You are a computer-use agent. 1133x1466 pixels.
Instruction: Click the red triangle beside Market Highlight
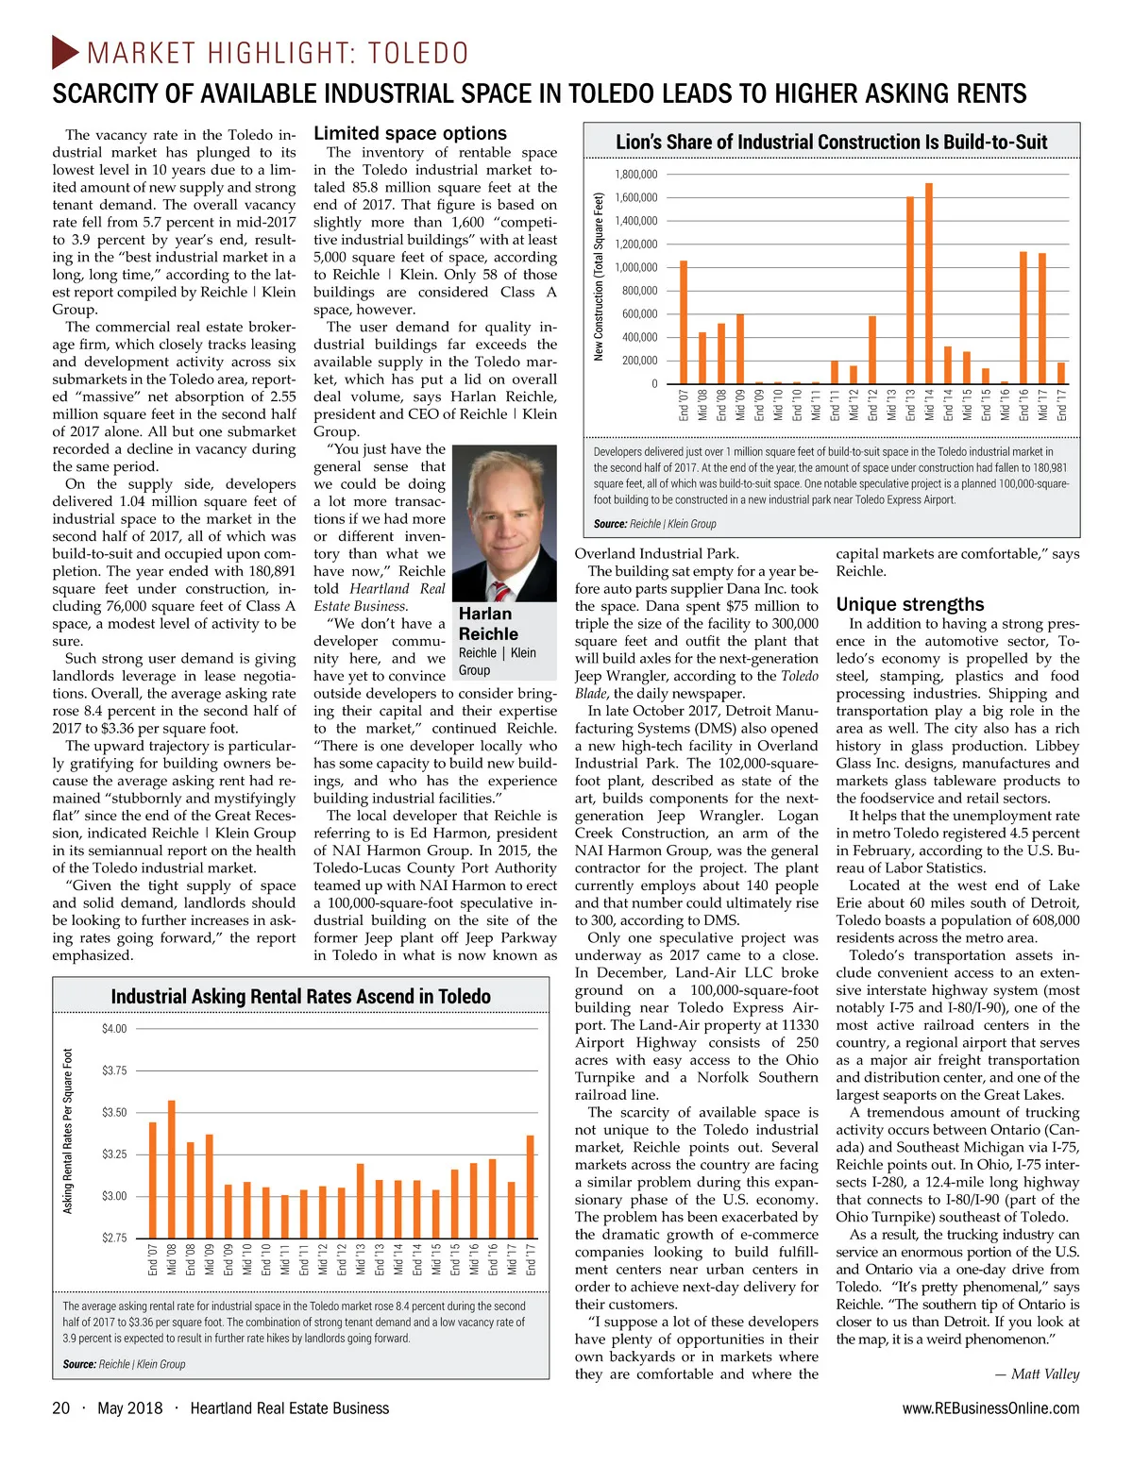tap(65, 52)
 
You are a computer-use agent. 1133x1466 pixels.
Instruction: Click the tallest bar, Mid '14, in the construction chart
tap(929, 283)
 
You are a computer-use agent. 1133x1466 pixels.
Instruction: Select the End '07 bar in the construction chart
tap(684, 322)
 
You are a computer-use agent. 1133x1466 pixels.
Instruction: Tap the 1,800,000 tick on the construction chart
tap(635, 175)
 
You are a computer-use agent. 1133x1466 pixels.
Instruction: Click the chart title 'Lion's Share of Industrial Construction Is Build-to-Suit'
tap(831, 143)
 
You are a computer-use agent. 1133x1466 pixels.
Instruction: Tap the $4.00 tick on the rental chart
tap(114, 1028)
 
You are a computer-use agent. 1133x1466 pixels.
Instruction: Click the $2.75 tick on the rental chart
tap(114, 1238)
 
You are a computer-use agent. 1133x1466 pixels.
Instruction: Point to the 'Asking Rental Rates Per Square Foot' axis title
tap(68, 1131)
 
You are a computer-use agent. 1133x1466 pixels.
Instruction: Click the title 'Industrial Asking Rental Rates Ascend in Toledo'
tap(300, 997)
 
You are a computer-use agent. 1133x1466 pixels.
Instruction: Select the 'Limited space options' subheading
tap(410, 134)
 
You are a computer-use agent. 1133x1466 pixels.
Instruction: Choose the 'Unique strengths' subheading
tap(909, 604)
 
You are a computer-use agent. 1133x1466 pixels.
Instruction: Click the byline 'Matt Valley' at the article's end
tap(1044, 1373)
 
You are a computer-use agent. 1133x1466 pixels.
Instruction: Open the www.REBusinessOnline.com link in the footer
tap(990, 1408)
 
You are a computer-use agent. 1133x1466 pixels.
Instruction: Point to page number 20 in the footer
tap(60, 1408)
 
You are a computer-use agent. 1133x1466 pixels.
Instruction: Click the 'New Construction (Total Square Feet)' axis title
tap(599, 276)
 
